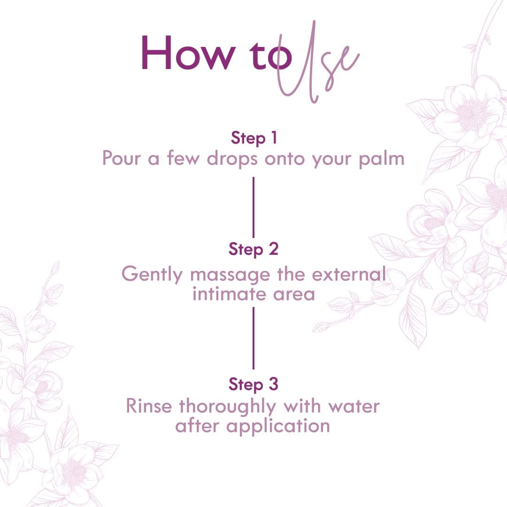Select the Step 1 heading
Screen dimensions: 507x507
[254, 138]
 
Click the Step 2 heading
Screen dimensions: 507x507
[253, 249]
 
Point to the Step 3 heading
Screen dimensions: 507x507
[253, 384]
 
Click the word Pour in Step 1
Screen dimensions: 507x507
[122, 159]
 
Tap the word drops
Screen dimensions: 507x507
[232, 159]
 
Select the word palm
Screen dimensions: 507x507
[382, 159]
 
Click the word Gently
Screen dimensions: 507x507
[152, 275]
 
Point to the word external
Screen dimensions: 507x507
[349, 274]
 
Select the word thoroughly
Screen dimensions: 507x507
[227, 407]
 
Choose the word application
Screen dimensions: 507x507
[278, 427]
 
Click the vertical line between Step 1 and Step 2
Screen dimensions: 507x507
[253, 207]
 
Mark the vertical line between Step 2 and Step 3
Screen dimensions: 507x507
[253, 338]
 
